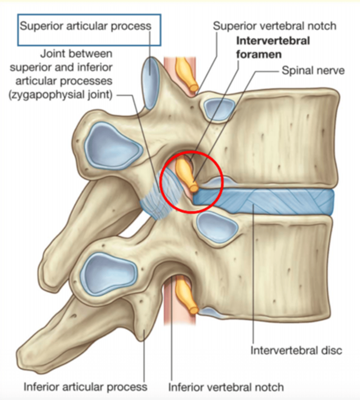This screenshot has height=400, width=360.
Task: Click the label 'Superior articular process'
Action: (85, 26)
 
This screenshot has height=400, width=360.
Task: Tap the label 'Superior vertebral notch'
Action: (275, 26)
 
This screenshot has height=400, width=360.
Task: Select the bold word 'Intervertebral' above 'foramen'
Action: (273, 41)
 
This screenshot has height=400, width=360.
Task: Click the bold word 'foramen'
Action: (259, 54)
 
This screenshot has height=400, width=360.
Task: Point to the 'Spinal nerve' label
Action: (313, 71)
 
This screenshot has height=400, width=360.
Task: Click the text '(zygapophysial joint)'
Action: (60, 95)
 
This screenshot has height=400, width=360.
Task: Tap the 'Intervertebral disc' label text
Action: (296, 350)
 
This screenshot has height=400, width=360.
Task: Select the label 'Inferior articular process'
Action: (85, 387)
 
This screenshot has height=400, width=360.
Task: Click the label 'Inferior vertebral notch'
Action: (226, 387)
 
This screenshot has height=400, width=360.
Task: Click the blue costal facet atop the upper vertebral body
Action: (218, 109)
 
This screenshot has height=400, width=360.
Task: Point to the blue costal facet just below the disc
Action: (217, 227)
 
